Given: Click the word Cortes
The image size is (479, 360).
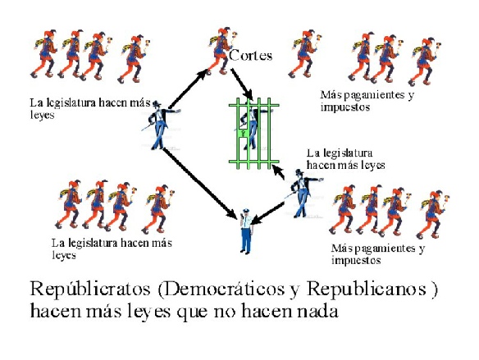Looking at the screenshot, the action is coord(250,56).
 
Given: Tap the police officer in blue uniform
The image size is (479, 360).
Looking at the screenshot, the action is coord(246,231).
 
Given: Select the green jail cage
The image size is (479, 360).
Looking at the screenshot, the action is coord(254,134).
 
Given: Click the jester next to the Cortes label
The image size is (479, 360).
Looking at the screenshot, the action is coord(221,51).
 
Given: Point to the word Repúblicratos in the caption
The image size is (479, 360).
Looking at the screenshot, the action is coord(90,289).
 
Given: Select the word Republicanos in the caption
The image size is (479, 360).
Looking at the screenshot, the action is coord(367,289).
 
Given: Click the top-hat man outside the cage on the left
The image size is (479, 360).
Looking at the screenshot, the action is coord(160,125).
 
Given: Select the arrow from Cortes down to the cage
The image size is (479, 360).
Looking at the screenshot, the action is coord(242,84).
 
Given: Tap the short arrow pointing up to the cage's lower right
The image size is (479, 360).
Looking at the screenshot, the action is coord(278,172).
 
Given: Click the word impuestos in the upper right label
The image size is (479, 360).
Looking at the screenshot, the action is coord(345,107).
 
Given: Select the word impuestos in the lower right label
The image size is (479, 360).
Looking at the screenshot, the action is coord(356,261).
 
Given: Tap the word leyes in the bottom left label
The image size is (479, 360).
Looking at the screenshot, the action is coord(64,255).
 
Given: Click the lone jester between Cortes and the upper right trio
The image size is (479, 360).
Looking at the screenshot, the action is coord(304,54).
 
